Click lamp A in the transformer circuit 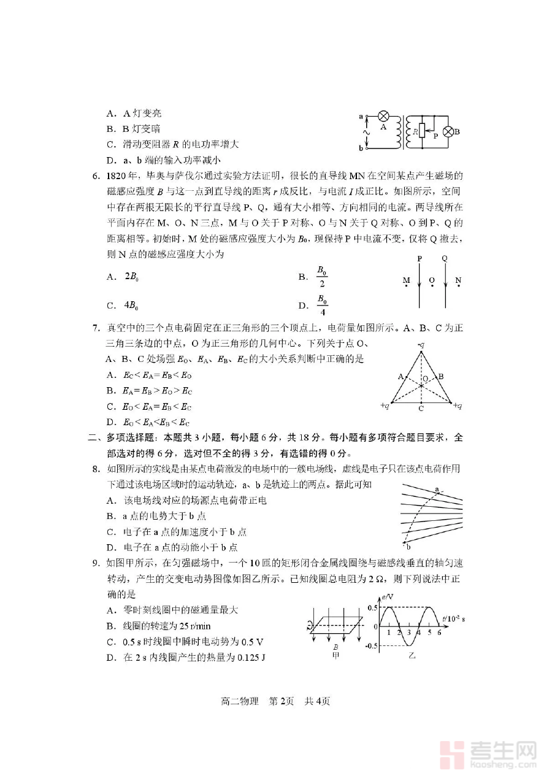click(x=383, y=116)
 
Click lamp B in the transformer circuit click(x=448, y=131)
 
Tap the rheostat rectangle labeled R click(x=421, y=131)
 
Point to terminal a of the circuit click(x=361, y=115)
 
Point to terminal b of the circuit click(x=361, y=148)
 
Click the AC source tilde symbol click(x=367, y=132)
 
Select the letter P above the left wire click(x=420, y=258)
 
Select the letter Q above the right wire click(x=445, y=258)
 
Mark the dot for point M click(x=406, y=285)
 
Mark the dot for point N click(x=458, y=285)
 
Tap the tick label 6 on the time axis click(x=439, y=633)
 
